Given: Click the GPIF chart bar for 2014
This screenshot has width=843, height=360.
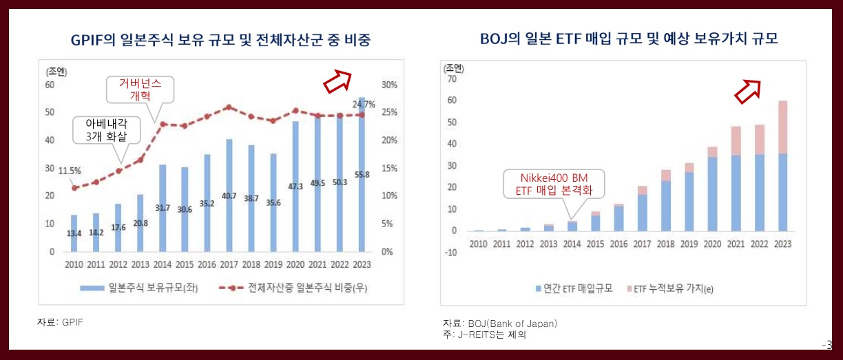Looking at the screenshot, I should pos(163,208).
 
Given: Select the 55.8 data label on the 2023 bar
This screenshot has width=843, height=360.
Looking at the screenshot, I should pos(362,174).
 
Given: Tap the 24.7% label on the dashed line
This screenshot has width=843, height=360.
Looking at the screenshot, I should pos(363,105).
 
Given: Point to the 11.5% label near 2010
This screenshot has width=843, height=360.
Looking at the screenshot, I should pos(70,171).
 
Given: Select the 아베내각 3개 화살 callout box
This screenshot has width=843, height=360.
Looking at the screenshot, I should pos(105,129).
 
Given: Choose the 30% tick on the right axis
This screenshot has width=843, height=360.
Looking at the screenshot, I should pos(389,85).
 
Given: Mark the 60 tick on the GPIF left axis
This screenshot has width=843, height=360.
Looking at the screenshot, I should pos(50,85).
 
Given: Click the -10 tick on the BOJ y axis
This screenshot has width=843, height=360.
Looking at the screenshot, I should pos(451,253).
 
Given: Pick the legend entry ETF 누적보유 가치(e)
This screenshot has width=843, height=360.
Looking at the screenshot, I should pos(668,289).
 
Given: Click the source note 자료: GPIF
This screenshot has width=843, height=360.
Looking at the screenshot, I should pos(60,321).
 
